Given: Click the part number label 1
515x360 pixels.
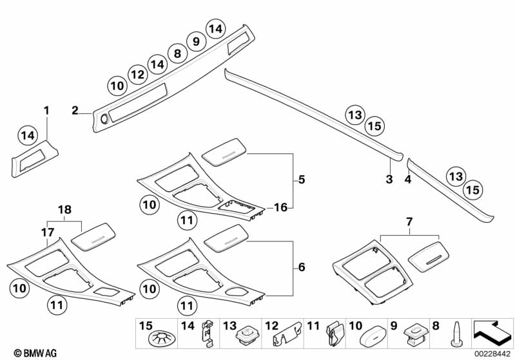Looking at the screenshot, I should point(46,110).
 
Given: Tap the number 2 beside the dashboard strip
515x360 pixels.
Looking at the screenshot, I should point(75,110).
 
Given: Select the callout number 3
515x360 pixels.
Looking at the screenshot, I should point(389,179).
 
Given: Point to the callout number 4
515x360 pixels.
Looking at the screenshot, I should point(407,179).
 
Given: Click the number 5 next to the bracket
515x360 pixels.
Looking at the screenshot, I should point(302,180).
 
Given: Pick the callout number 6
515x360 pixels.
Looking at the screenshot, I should point(302,267).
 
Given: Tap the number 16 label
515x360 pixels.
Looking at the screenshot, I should point(280,207).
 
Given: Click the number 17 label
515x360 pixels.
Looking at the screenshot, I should point(47,232).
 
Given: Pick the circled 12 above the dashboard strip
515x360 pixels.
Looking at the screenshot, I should point(137,75).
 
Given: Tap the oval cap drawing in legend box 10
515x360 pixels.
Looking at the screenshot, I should point(373,334).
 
